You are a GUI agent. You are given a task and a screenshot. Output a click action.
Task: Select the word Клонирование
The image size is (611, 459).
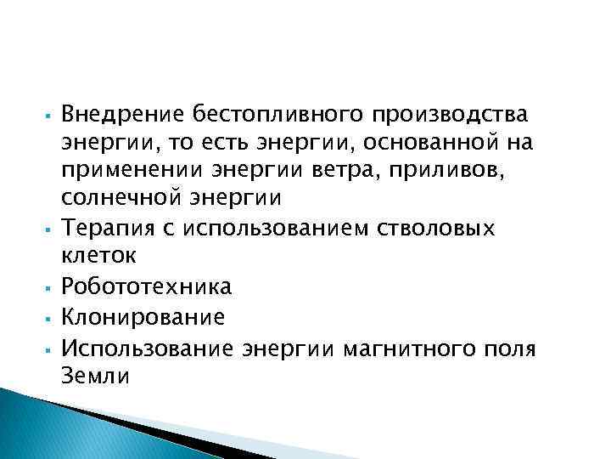pos(143,318)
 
